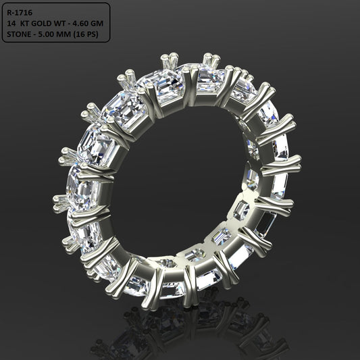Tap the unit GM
point(103,22)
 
